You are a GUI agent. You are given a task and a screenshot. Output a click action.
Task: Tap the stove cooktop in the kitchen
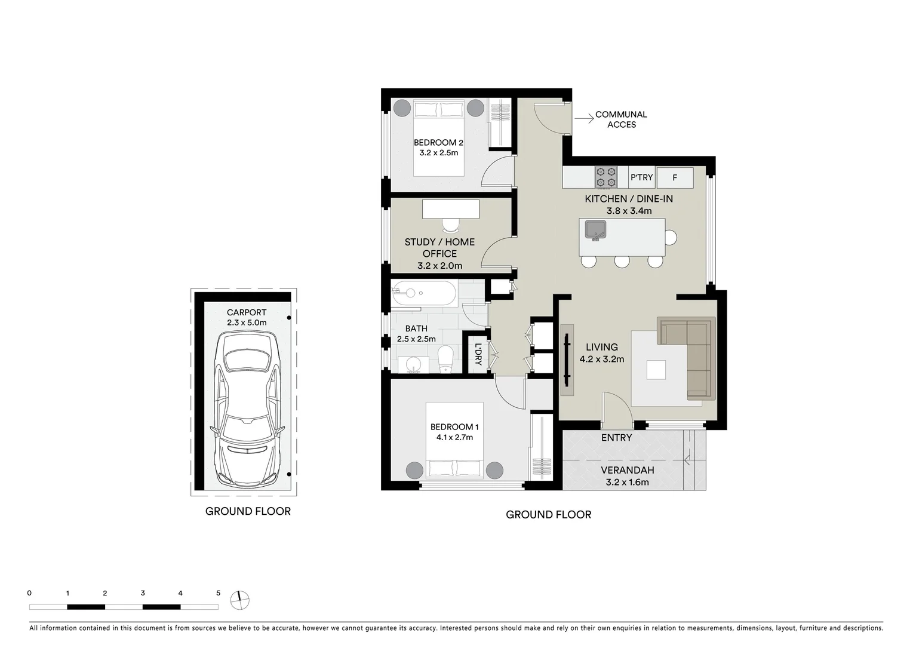tap(605, 177)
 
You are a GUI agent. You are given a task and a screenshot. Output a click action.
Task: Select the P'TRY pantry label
tap(642, 178)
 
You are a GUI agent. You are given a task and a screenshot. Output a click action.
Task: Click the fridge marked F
tap(675, 178)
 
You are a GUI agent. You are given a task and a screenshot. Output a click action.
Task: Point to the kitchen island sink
tap(595, 229)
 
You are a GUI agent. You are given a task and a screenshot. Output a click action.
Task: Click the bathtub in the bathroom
tap(423, 293)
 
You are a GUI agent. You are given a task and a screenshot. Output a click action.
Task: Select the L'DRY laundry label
tap(478, 354)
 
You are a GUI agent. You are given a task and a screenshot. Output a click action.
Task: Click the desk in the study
tap(450, 209)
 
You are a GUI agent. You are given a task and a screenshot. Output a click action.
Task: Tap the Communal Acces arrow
tap(582, 119)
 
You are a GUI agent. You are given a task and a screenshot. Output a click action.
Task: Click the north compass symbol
tap(239, 600)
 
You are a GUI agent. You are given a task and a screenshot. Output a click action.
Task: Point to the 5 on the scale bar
tap(218, 593)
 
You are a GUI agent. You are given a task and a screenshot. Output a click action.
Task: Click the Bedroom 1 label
tap(454, 427)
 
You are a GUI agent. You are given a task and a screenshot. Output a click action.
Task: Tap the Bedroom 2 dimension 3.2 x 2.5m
tap(438, 153)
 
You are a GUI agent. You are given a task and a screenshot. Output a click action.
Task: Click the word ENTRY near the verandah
tap(616, 438)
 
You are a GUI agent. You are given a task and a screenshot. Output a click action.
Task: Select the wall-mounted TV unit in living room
tap(567, 360)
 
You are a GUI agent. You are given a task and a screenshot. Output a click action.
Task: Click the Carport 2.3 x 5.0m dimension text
tap(247, 322)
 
